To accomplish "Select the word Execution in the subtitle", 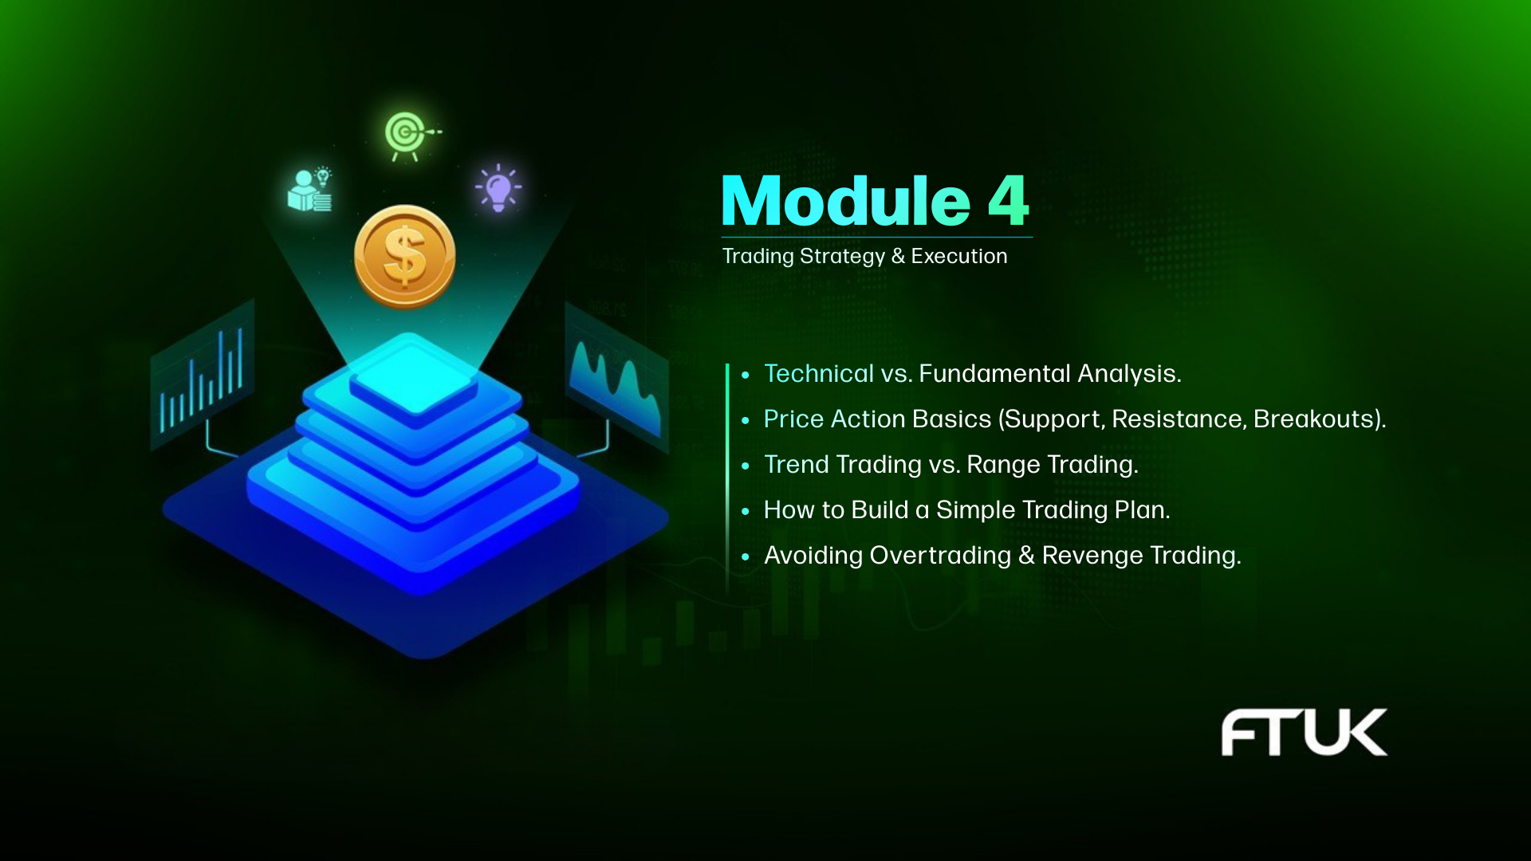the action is pos(959,256).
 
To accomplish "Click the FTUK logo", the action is pos(1305,732).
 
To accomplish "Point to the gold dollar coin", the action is pos(405,257).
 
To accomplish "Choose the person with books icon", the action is pos(310,191).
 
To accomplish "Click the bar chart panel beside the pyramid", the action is pos(203,374).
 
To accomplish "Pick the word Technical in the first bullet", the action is pos(819,373).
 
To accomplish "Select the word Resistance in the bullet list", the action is pos(1179,419).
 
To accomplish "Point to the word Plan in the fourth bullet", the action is pos(1143,510).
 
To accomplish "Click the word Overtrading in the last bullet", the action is pos(941,556).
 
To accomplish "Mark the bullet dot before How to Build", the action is pos(746,511).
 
